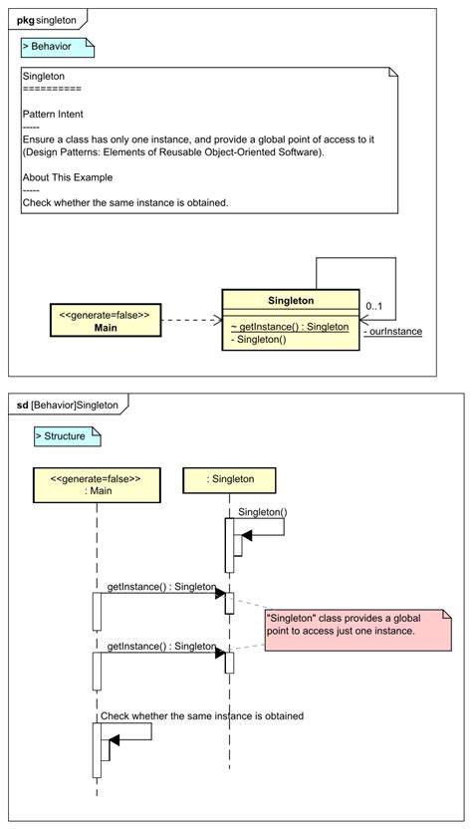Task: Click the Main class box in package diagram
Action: [105, 321]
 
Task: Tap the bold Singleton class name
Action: [291, 300]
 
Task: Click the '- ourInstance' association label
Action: [392, 332]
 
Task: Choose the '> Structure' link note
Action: [66, 436]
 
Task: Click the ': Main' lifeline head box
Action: [96, 484]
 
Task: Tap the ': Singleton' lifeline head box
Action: [230, 479]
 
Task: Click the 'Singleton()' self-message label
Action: [262, 512]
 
